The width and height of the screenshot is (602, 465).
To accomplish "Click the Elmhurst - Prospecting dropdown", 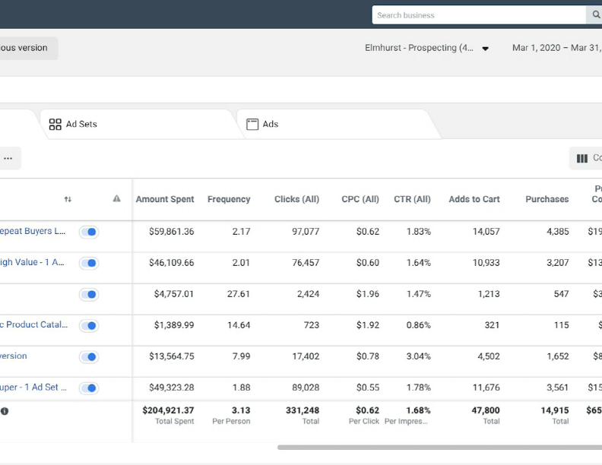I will click(426, 48).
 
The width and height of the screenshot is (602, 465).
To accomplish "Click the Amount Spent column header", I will click(165, 199).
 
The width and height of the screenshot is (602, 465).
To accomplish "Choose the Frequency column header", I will click(229, 199).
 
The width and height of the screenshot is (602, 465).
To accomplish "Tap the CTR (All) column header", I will click(412, 199).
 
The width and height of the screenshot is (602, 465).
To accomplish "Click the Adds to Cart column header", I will click(474, 199).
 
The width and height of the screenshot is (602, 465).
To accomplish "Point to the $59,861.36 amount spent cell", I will click(171, 232).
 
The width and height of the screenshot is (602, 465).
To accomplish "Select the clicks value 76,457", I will click(306, 263).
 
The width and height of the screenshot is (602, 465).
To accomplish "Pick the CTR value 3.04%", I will click(418, 356).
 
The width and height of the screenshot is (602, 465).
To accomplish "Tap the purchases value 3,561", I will click(557, 387).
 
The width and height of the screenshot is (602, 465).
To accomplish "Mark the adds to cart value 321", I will click(492, 325).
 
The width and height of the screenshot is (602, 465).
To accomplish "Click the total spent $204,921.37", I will click(168, 410).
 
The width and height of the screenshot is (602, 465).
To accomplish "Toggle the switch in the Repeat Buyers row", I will click(89, 232).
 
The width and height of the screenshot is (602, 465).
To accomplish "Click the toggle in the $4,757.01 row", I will click(89, 295).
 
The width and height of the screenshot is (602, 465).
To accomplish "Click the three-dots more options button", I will click(8, 159).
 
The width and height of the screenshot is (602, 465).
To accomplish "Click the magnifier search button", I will click(595, 15).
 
